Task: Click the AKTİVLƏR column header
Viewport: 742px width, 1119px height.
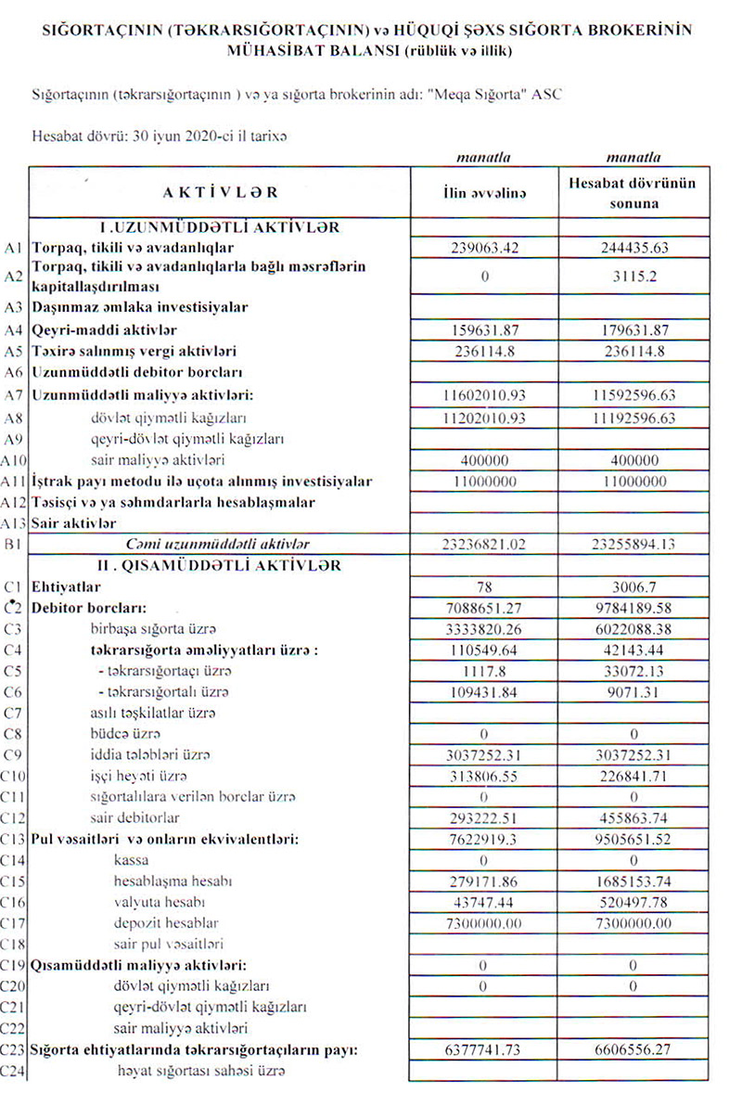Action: coord(220,192)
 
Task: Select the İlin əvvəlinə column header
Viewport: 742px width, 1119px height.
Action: coord(484,193)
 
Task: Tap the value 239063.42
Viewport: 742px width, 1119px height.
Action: coord(484,248)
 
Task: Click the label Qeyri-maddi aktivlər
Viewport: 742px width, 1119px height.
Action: coord(104,329)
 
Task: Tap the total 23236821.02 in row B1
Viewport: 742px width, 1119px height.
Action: coord(484,545)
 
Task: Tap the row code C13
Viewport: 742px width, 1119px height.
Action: coord(14,840)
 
